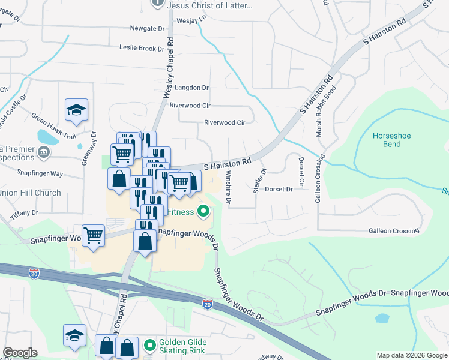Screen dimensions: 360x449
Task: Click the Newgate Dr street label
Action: pyautogui.click(x=147, y=28)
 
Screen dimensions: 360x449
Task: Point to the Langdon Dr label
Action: pyautogui.click(x=189, y=88)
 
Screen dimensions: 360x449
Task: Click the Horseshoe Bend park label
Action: pyautogui.click(x=391, y=140)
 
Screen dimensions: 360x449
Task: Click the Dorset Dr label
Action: pyautogui.click(x=279, y=189)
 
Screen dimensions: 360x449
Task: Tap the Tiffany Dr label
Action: pyautogui.click(x=25, y=212)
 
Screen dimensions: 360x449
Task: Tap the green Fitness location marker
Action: pyautogui.click(x=203, y=211)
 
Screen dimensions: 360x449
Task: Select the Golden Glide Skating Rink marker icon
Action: pyautogui.click(x=149, y=346)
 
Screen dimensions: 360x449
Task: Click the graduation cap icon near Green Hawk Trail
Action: pyautogui.click(x=76, y=110)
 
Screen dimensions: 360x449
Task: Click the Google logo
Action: pyautogui.click(x=20, y=353)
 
